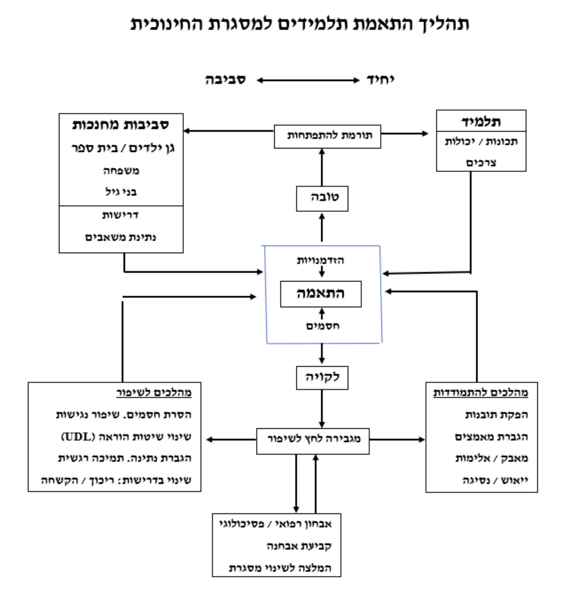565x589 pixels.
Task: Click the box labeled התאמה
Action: click(321, 294)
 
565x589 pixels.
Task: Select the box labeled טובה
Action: click(322, 198)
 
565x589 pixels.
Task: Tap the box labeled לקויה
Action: click(322, 377)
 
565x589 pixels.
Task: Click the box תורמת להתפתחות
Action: click(328, 136)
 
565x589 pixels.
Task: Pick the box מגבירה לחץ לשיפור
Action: click(313, 441)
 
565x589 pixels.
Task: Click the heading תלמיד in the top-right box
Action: click(481, 122)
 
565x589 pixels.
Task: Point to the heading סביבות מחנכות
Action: click(121, 125)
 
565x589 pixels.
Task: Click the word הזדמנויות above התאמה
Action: click(320, 260)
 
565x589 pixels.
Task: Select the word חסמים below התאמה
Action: click(323, 326)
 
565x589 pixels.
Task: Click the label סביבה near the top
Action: click(225, 80)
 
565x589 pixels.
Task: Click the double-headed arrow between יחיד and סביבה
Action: click(308, 80)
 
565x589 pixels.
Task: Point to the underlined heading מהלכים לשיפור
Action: click(154, 393)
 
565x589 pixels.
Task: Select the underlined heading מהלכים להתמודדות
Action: click(480, 393)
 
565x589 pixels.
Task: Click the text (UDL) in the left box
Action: click(78, 437)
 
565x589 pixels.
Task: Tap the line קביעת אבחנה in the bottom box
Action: click(299, 546)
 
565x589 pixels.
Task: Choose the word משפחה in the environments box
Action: click(121, 171)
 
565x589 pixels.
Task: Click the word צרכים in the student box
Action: click(481, 163)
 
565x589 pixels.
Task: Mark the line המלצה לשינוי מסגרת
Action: click(280, 568)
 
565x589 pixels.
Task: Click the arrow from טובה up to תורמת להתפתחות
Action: click(322, 167)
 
